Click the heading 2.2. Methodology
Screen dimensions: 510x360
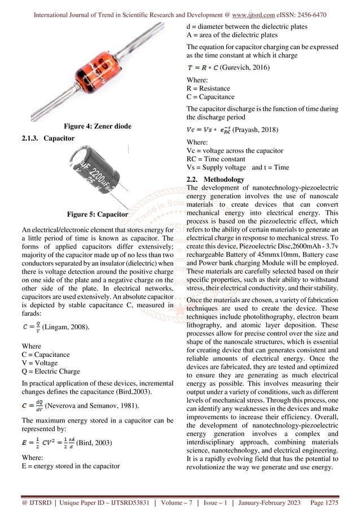pos(215,180)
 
